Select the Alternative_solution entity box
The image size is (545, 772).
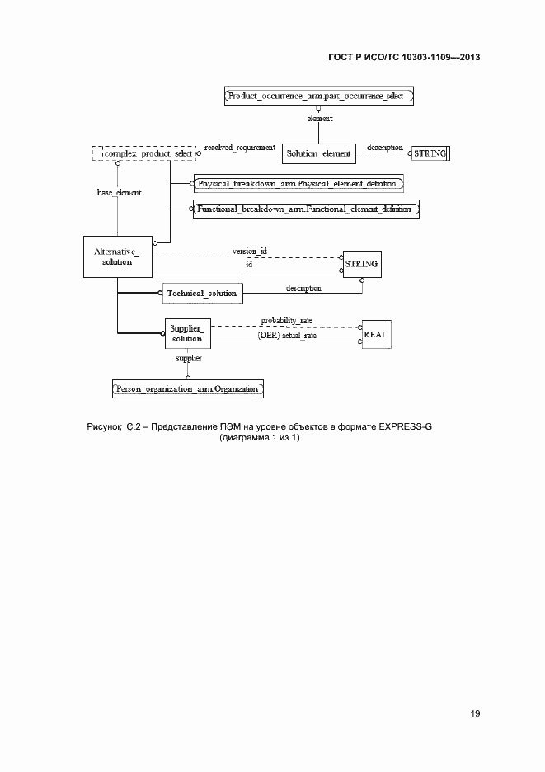[x=118, y=257]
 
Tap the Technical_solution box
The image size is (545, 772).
[x=202, y=293]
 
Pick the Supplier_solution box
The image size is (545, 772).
[x=187, y=333]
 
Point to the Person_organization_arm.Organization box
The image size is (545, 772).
[x=188, y=388]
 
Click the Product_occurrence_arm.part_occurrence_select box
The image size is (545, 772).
[x=318, y=96]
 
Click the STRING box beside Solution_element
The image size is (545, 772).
[x=429, y=153]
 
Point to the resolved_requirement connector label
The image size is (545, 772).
[x=239, y=148]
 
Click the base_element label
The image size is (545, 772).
[x=119, y=193]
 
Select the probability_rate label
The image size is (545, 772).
[x=287, y=320]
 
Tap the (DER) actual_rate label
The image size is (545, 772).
[x=288, y=337]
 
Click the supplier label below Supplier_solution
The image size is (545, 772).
[x=188, y=359]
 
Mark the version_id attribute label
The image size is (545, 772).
[x=249, y=250]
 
